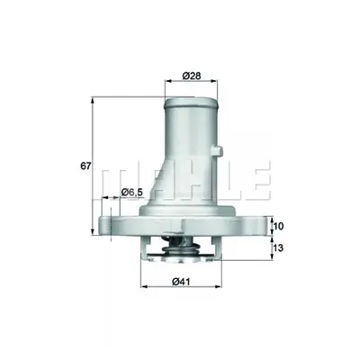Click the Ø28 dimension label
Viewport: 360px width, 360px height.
191,76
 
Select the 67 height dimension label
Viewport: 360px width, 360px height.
85,166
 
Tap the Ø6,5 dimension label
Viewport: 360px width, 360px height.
132,193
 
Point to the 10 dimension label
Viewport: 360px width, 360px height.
279,226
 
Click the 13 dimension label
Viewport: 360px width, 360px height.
279,247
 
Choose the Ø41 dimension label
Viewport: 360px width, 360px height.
182,282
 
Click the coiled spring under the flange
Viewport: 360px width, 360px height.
181,247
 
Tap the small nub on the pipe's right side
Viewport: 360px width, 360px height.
220,150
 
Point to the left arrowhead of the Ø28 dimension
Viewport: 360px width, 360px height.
168,80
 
